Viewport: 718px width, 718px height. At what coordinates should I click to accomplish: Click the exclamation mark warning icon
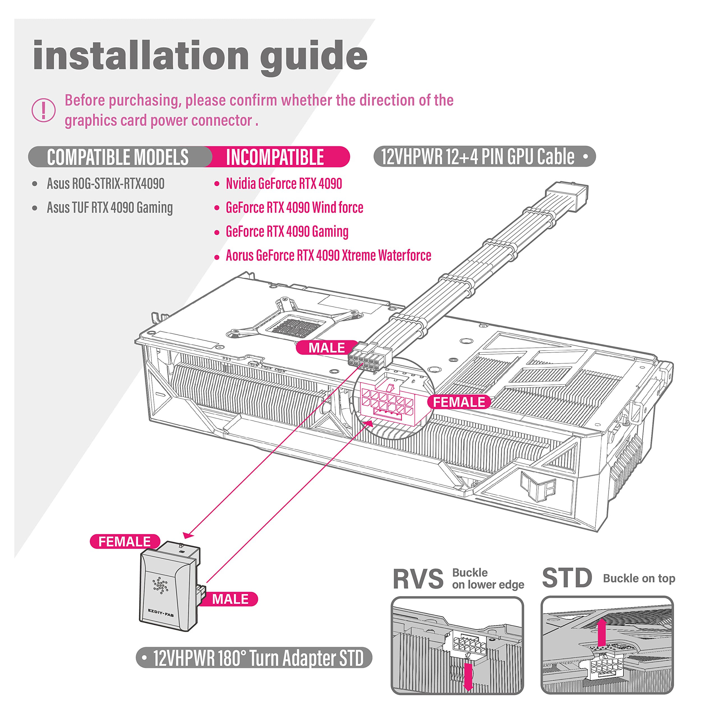click(x=43, y=110)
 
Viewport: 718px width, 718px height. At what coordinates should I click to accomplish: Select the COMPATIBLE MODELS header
click(x=118, y=157)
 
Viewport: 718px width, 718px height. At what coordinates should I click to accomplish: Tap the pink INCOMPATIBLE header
click(x=275, y=157)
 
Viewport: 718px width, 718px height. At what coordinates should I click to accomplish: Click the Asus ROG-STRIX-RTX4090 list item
click(x=105, y=184)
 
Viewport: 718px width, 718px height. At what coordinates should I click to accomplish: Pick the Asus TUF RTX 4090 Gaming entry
click(x=110, y=207)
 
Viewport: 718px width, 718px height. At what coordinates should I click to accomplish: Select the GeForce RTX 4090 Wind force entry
click(x=294, y=207)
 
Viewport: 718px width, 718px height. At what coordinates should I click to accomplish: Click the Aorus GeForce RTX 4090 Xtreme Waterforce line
click(x=328, y=255)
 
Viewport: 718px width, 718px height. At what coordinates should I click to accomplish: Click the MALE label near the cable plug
click(x=327, y=348)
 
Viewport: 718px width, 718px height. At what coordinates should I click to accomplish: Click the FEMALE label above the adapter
click(x=125, y=542)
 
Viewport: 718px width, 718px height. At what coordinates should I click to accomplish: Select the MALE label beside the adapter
click(x=230, y=599)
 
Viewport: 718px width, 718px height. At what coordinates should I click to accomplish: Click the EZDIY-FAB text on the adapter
click(x=160, y=612)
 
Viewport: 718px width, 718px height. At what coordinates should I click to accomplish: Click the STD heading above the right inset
click(x=567, y=578)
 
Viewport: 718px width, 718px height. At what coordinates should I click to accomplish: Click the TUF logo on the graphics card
click(x=537, y=486)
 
